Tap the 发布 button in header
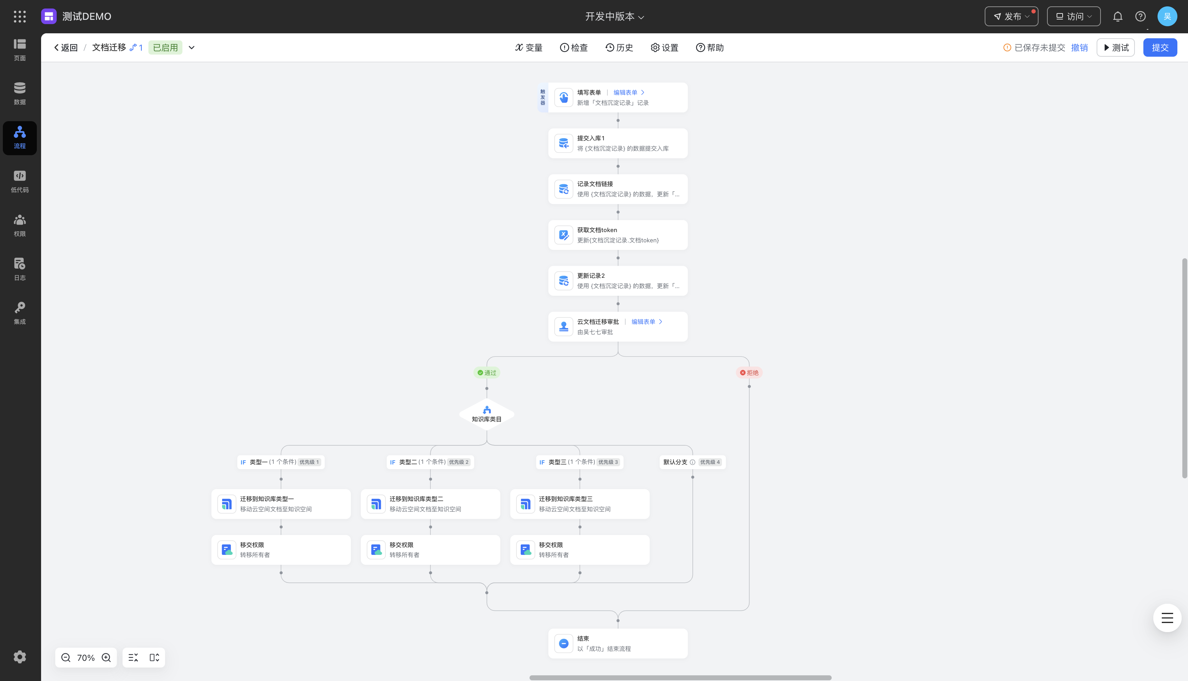[1011, 16]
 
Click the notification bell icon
[1118, 16]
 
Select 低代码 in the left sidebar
[19, 181]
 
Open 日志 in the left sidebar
[19, 269]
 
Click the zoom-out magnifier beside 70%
[66, 658]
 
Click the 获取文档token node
[618, 235]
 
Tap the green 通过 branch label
[487, 373]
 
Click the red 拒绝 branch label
[749, 373]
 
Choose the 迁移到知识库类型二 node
[430, 504]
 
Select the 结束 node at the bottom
[618, 643]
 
